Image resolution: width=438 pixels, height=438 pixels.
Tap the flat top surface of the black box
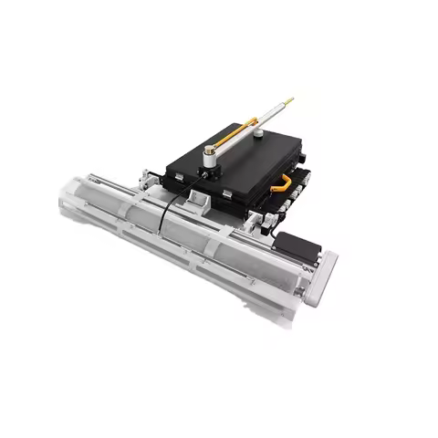tap(246, 164)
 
